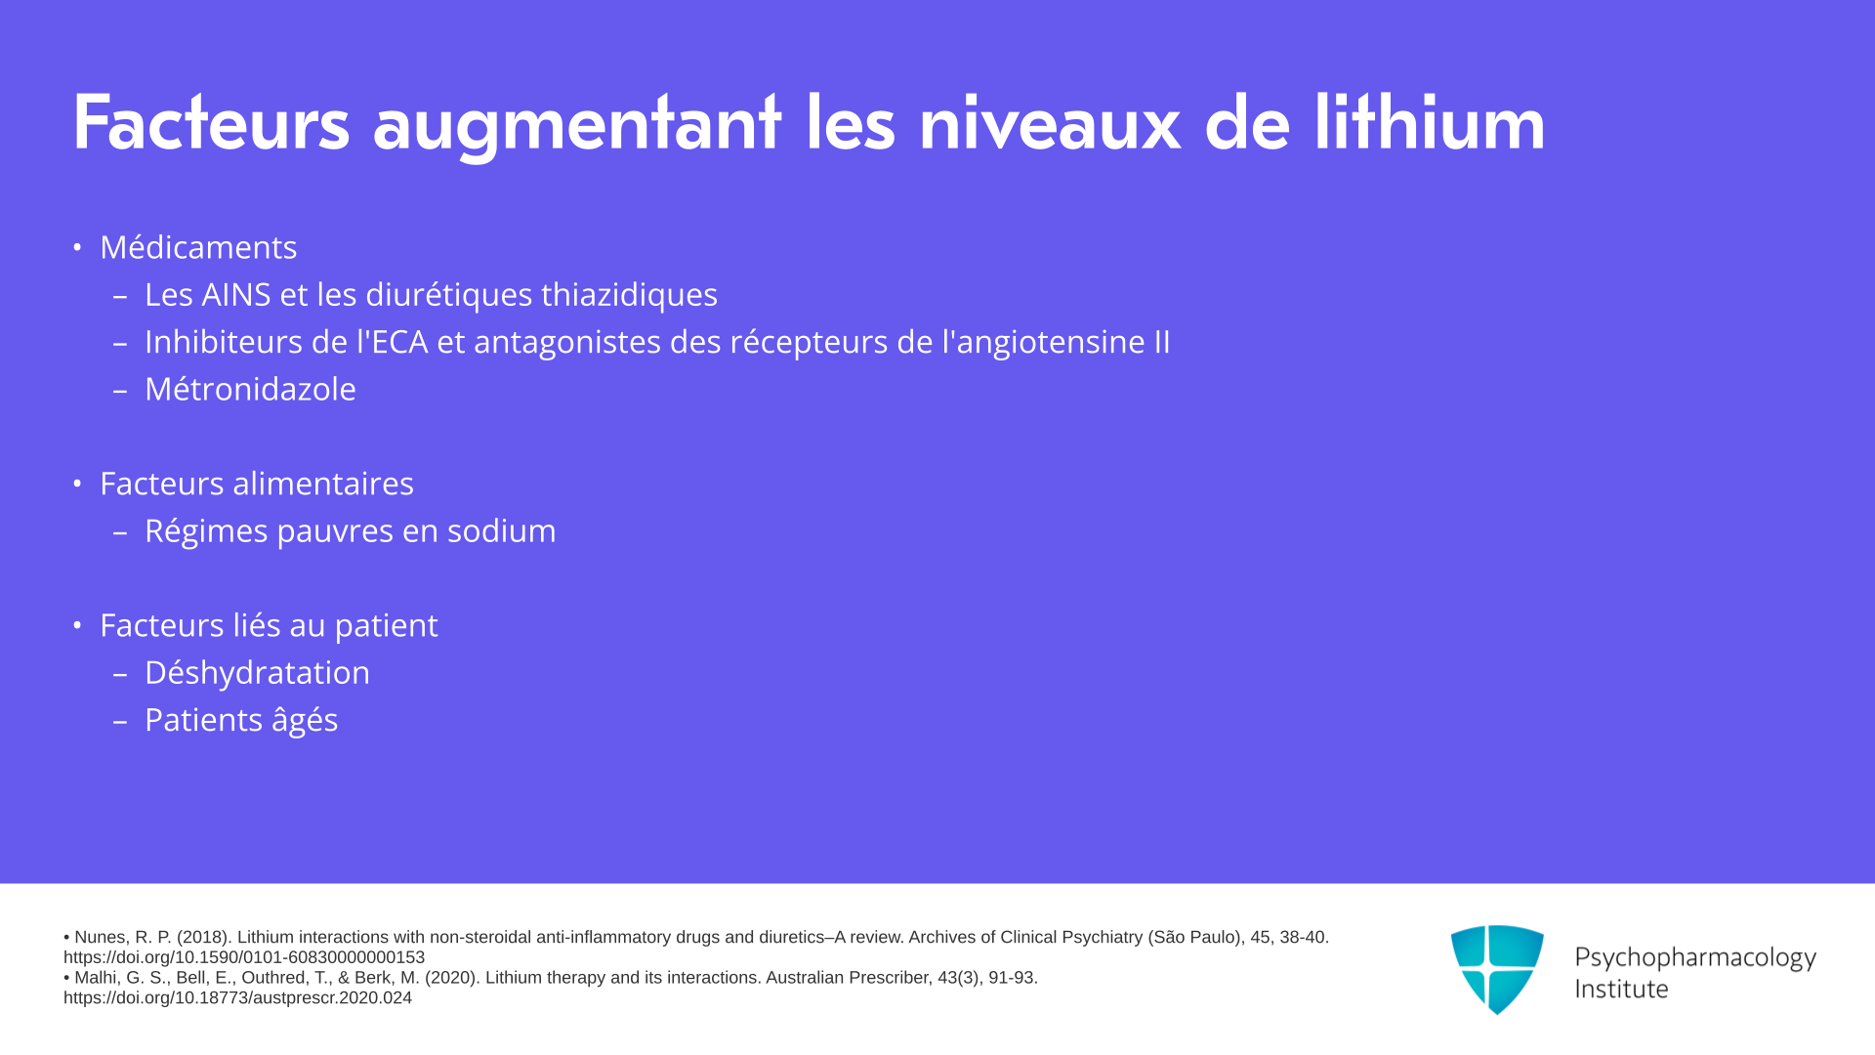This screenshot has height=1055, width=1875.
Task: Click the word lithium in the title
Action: pyautogui.click(x=1429, y=122)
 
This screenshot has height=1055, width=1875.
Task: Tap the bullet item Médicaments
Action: pyautogui.click(x=198, y=247)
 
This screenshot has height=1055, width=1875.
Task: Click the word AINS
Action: pyautogui.click(x=237, y=294)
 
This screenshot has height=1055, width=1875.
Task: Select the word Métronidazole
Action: pyautogui.click(x=250, y=389)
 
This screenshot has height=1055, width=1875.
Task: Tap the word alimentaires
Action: pyautogui.click(x=330, y=484)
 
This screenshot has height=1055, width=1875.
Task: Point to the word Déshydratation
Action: pyautogui.click(x=257, y=672)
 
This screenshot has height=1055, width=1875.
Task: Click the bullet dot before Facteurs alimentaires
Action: pyautogui.click(x=77, y=484)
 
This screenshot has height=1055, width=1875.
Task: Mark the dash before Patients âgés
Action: pyautogui.click(x=120, y=722)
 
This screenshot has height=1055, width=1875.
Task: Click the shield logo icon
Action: pyautogui.click(x=1497, y=969)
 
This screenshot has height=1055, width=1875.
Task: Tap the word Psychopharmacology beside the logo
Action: pyautogui.click(x=1695, y=958)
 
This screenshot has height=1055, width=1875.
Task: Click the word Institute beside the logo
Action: pyautogui.click(x=1621, y=989)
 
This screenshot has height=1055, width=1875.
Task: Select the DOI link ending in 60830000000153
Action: pyautogui.click(x=244, y=957)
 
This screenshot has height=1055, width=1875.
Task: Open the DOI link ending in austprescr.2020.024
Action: pyautogui.click(x=237, y=998)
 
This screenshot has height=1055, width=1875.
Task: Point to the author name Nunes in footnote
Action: pyautogui.click(x=102, y=938)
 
